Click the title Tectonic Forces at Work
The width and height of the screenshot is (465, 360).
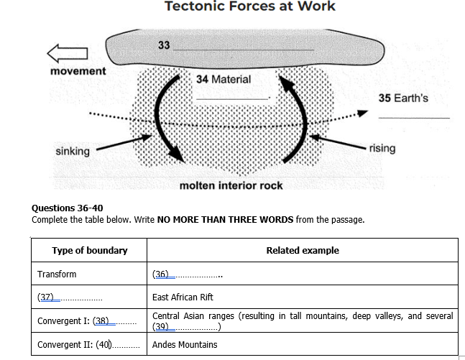click(250, 6)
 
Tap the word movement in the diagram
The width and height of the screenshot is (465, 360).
click(78, 71)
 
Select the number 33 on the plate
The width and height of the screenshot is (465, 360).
click(164, 45)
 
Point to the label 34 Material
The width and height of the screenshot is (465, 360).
click(224, 79)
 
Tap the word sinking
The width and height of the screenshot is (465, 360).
click(73, 151)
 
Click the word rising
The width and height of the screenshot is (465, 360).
click(382, 148)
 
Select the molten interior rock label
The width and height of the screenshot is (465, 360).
click(231, 185)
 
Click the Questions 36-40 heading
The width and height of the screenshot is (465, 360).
click(68, 208)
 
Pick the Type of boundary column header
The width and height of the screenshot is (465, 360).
click(90, 250)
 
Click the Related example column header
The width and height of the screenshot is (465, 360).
click(302, 250)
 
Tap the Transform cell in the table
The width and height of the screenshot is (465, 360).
click(57, 274)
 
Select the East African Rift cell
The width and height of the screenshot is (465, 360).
click(183, 297)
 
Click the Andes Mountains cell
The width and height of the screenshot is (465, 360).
click(185, 345)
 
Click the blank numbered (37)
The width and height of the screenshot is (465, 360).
click(69, 297)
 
